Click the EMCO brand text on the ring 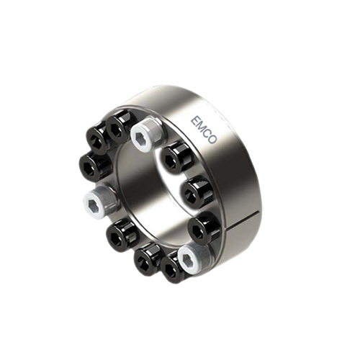click(x=204, y=130)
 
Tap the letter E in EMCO click(x=195, y=120)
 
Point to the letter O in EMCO click(x=212, y=140)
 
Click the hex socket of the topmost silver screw click(x=140, y=138)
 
